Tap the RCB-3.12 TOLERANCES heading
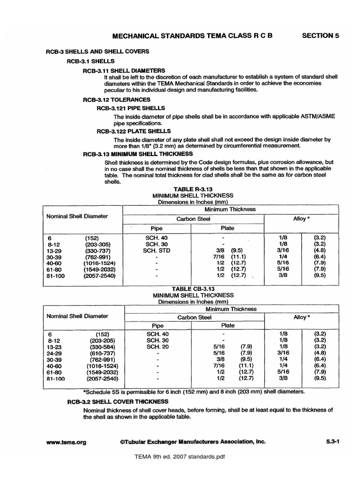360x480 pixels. pos(116,100)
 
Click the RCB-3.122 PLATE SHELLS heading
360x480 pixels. pos(134,131)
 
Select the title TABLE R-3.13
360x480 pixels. pos(193,188)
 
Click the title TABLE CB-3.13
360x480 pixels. pos(193,289)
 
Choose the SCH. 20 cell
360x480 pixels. pos(156,346)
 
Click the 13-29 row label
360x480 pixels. pos(55,251)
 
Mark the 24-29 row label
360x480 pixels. pos(55,352)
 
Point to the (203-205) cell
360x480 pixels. pos(102,340)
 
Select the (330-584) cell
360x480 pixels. pos(102,346)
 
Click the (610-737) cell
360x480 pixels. pos(102,352)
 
